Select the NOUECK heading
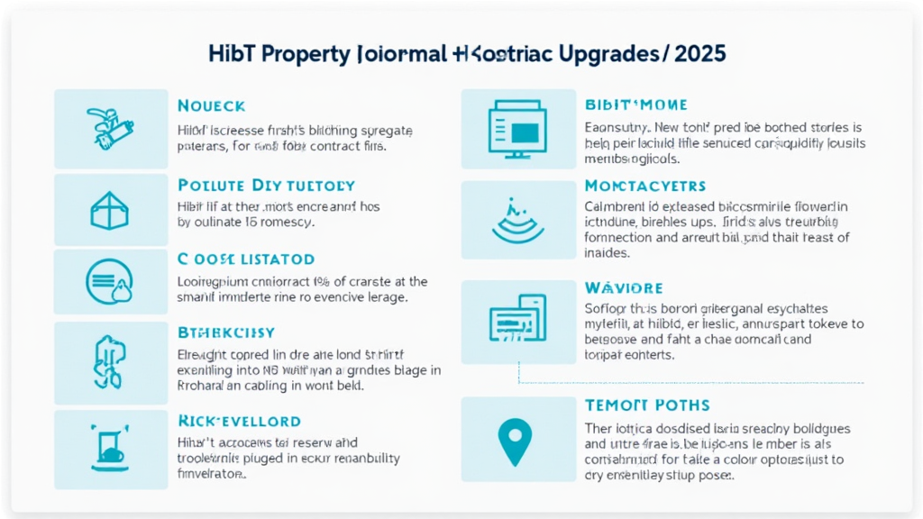point(212,106)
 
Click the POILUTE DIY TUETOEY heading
point(266,186)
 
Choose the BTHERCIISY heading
point(226,332)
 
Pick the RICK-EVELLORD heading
point(239,421)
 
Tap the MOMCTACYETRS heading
point(644,186)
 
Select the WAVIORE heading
point(624,288)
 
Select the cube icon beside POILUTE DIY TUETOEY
point(110,210)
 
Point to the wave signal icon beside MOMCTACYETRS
point(517,219)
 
